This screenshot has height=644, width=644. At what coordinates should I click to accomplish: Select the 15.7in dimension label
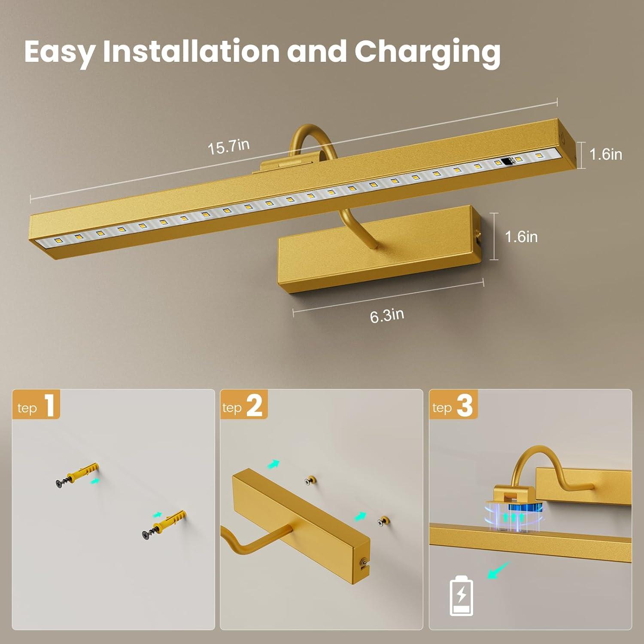(x=229, y=146)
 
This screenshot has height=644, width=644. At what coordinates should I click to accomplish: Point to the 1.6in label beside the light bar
(x=606, y=154)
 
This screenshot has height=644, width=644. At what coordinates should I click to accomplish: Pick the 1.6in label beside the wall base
(x=521, y=237)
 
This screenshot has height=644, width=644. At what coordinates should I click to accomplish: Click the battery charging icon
(x=462, y=596)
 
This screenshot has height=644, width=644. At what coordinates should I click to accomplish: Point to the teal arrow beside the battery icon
(x=498, y=570)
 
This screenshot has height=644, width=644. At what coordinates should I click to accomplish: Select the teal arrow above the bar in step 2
(x=273, y=464)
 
